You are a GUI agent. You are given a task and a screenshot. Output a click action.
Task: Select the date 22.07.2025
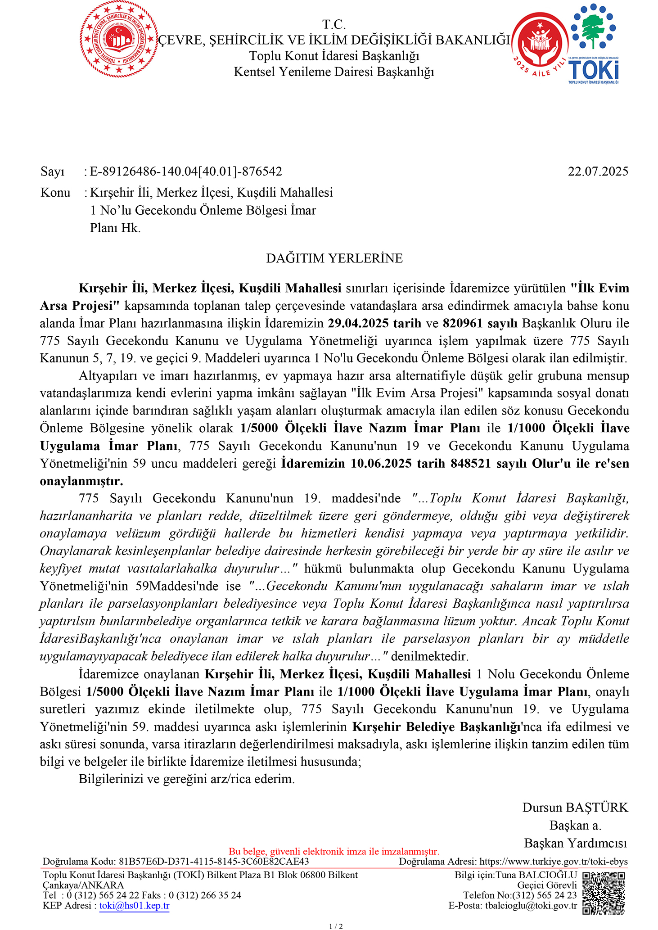[x=598, y=172]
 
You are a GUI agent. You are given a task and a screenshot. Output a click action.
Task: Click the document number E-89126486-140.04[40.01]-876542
[x=186, y=172]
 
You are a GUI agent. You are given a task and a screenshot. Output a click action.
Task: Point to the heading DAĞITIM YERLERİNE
[x=334, y=258]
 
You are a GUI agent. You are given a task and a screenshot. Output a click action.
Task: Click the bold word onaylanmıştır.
[x=81, y=481]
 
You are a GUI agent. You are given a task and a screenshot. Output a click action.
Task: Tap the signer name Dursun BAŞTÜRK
[x=575, y=808]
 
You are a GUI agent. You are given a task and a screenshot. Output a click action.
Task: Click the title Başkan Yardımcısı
[x=575, y=843]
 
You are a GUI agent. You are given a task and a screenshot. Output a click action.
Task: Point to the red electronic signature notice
[x=334, y=851]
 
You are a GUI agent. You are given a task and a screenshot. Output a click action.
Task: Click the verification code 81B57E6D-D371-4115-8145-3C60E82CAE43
[x=214, y=862]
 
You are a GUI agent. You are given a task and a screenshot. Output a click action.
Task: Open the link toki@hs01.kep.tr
[x=134, y=906]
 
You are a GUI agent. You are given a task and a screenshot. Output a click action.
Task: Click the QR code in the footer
[x=604, y=893]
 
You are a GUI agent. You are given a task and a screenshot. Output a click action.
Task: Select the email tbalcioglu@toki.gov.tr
[x=531, y=906]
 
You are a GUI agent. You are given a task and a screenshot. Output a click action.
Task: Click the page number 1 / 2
[x=336, y=926]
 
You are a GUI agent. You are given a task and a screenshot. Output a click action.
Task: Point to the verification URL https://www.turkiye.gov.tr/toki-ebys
[x=554, y=862]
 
